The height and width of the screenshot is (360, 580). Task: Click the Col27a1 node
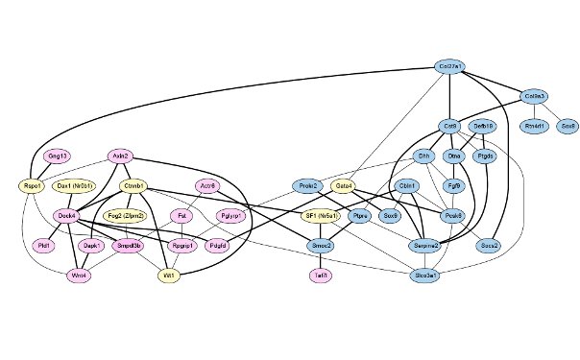tap(449, 66)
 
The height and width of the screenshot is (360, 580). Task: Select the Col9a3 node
tap(535, 96)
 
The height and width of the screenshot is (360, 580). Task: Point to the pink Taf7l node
tap(321, 276)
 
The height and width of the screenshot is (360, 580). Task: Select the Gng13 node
tap(57, 156)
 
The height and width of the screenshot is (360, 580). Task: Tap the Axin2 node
tap(120, 156)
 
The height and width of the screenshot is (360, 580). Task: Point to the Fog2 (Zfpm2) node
tap(153, 216)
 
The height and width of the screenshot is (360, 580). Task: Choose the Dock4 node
tap(66, 216)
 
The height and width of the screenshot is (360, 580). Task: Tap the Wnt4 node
tap(79, 276)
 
